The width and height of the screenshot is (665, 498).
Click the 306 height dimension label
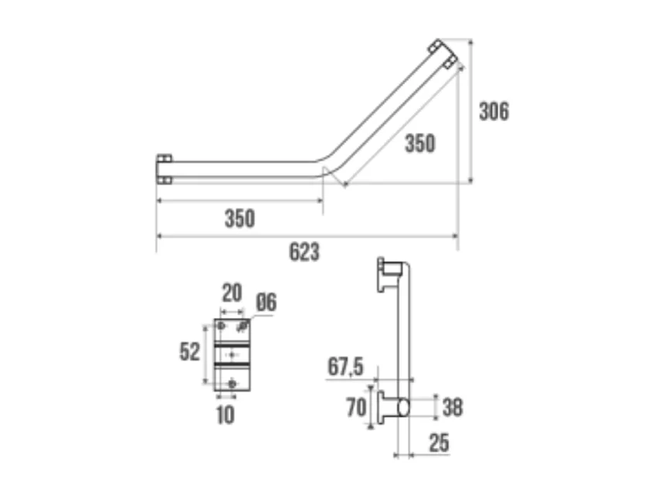pyautogui.click(x=494, y=111)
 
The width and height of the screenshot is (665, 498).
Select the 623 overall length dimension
pyautogui.click(x=304, y=252)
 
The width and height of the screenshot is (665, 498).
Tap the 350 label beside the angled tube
pyautogui.click(x=419, y=144)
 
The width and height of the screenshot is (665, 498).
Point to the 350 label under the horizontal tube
pyautogui.click(x=239, y=219)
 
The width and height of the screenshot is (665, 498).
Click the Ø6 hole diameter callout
pyautogui.click(x=265, y=303)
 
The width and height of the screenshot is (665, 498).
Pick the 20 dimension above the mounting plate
pyautogui.click(x=231, y=293)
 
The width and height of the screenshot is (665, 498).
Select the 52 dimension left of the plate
pyautogui.click(x=189, y=352)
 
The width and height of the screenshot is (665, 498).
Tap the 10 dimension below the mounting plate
pyautogui.click(x=225, y=415)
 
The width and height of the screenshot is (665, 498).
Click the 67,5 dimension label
pyautogui.click(x=345, y=368)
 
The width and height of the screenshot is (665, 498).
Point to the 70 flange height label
pyautogui.click(x=356, y=407)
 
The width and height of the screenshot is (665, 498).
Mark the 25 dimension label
pyautogui.click(x=438, y=443)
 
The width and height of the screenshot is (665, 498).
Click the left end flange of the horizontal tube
pyautogui.click(x=164, y=169)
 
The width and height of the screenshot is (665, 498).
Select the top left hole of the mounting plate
pyautogui.click(x=222, y=327)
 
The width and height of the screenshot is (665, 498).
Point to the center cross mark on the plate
pyautogui.click(x=232, y=354)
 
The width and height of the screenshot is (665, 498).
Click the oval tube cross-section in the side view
pyautogui.click(x=402, y=405)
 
